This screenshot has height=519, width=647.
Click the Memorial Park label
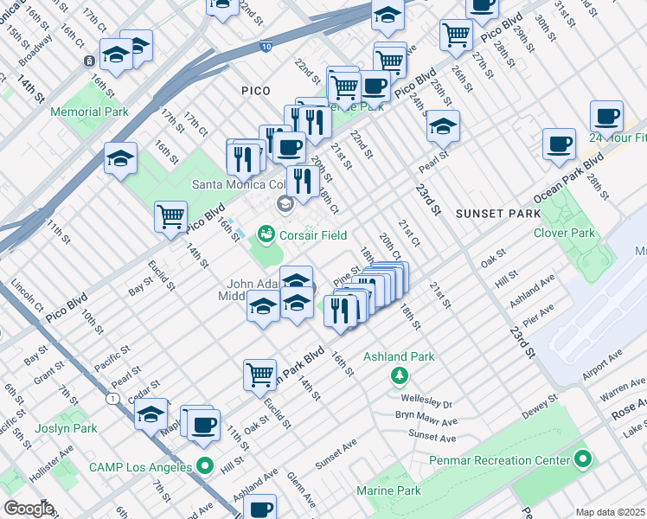tap(89, 112)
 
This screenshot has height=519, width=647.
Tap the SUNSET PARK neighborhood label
tap(485, 213)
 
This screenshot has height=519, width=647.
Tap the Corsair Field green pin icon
tap(266, 235)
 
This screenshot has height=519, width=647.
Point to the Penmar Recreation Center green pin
tap(583, 458)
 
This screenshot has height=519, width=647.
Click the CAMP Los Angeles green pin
tap(204, 466)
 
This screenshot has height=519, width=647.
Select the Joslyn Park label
tap(66, 428)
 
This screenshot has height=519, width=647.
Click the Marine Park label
tap(387, 490)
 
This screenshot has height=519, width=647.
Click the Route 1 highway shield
tap(113, 398)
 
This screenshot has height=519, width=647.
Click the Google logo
tap(29, 509)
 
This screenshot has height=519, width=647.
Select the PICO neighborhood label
tap(256, 91)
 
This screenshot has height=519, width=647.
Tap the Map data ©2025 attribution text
tap(611, 512)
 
